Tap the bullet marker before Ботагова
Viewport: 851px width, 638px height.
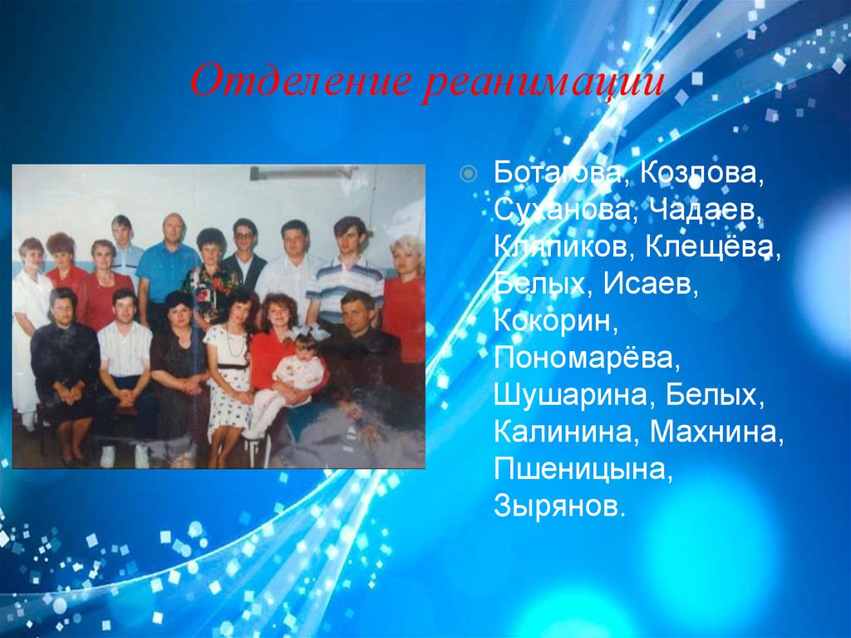click(x=469, y=174)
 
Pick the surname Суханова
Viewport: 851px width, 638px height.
click(x=559, y=210)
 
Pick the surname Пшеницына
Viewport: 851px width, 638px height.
click(x=581, y=467)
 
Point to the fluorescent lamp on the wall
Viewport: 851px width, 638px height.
click(x=303, y=172)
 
